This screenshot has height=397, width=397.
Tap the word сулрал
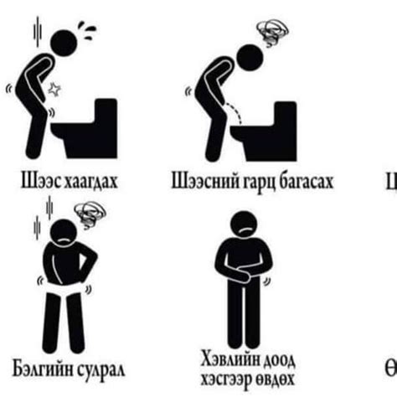(102, 369)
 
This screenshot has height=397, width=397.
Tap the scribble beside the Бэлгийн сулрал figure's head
(86, 219)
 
